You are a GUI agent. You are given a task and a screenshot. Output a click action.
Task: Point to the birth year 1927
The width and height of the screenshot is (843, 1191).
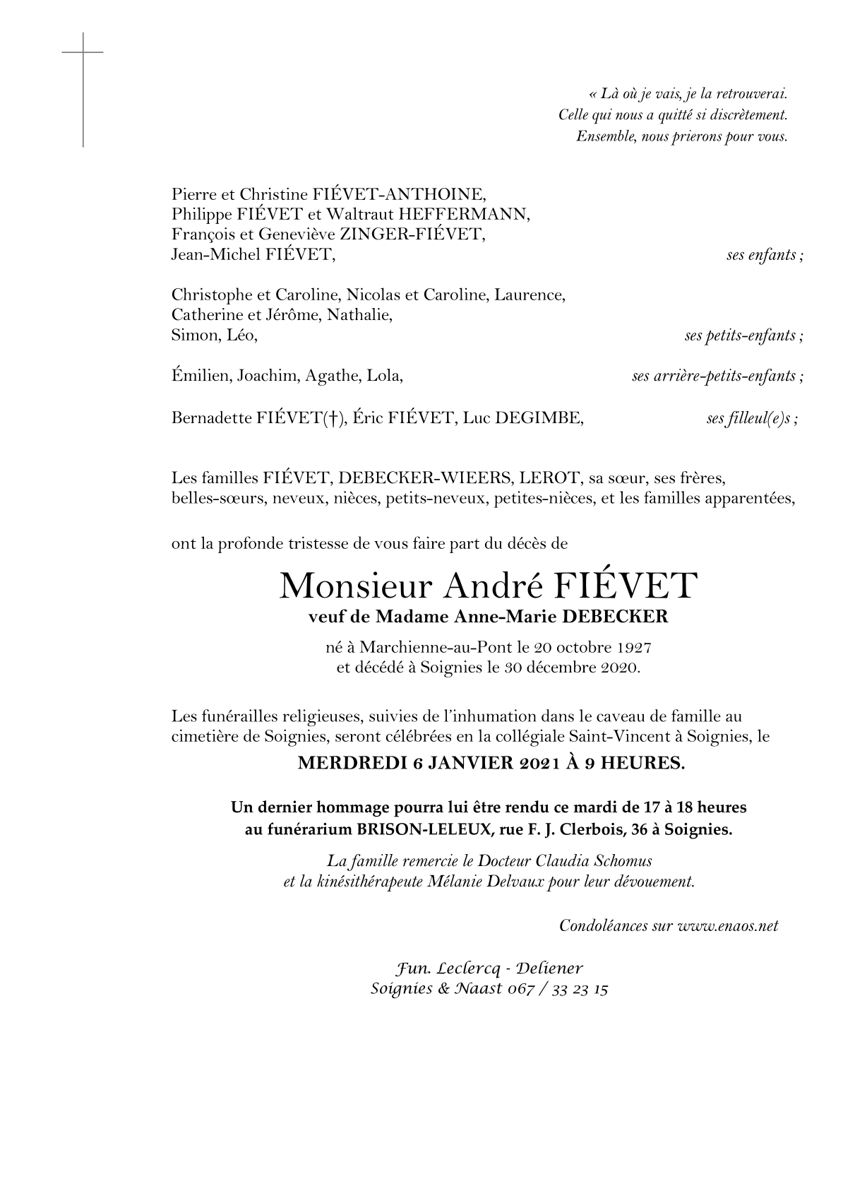pos(633,647)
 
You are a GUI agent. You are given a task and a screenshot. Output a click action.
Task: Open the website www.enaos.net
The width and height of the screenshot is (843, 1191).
pos(727,925)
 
